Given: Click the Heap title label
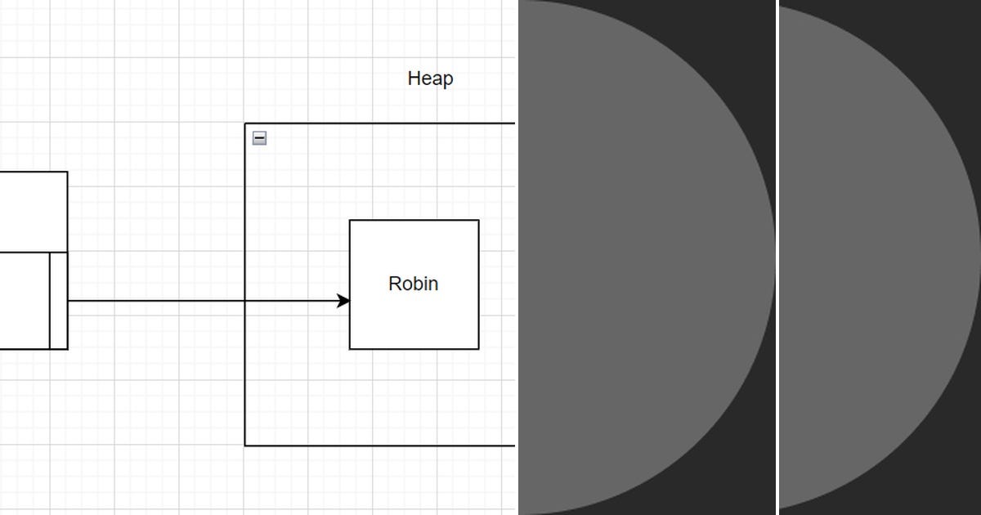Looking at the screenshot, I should pyautogui.click(x=430, y=78).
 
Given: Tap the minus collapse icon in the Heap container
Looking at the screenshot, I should pyautogui.click(x=259, y=138).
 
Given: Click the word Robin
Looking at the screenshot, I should pyautogui.click(x=413, y=284).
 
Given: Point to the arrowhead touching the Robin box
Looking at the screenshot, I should pyautogui.click(x=344, y=302).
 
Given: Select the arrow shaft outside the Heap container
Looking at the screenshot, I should pyautogui.click(x=155, y=302).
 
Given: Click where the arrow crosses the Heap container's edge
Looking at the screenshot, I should pyautogui.click(x=245, y=302).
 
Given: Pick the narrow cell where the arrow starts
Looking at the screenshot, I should pyautogui.click(x=59, y=301).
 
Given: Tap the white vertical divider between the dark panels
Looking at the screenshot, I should pyautogui.click(x=777, y=257).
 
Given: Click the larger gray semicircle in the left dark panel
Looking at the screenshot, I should pyautogui.click(x=638, y=257).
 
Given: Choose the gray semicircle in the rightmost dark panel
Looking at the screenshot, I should pyautogui.click(x=875, y=257).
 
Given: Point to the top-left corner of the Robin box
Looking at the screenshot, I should pyautogui.click(x=350, y=220).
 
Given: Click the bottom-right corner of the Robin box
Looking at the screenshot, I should pyautogui.click(x=478, y=349).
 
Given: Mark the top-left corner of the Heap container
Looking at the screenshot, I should pyautogui.click(x=245, y=123).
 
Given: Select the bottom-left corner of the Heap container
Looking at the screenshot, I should pyautogui.click(x=245, y=446).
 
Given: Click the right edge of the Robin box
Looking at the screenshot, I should pyautogui.click(x=478, y=284).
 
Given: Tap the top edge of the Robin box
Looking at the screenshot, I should pyautogui.click(x=414, y=220).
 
